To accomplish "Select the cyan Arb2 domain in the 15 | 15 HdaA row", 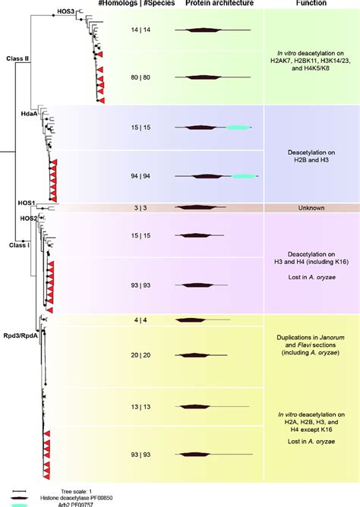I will coord(237,128).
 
